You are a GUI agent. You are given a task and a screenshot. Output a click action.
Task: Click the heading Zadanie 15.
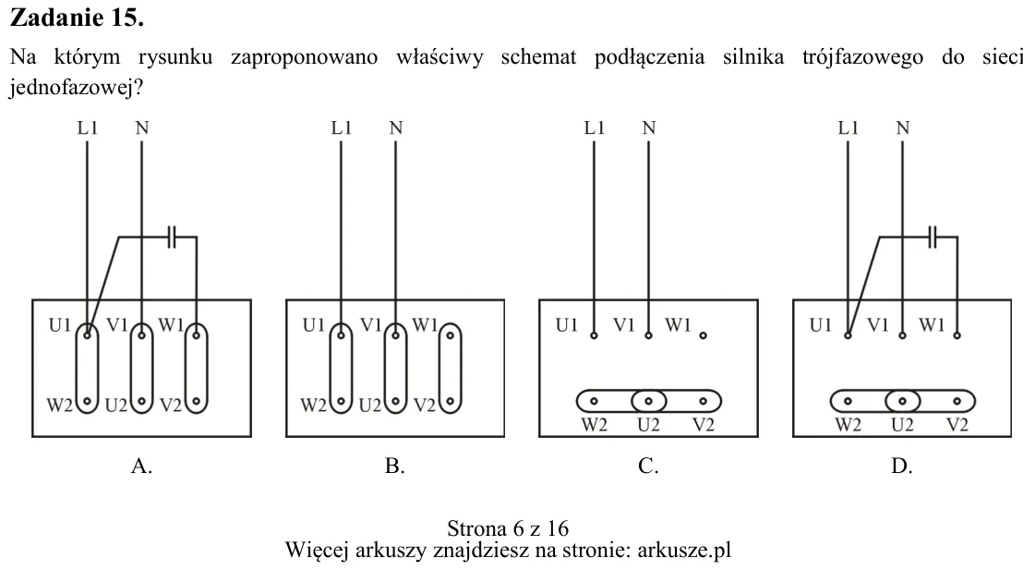(x=77, y=18)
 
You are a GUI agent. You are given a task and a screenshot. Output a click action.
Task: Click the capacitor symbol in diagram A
(x=172, y=237)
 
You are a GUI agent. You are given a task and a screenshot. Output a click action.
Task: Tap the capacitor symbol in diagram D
(x=933, y=237)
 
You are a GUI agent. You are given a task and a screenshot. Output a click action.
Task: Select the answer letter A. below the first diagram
(x=141, y=466)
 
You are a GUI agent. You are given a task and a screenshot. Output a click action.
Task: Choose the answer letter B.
(x=395, y=466)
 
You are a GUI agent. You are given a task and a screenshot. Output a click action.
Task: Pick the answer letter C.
(x=648, y=466)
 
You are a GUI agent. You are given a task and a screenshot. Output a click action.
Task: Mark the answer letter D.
(x=902, y=466)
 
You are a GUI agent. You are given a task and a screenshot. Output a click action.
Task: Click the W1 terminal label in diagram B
(x=425, y=324)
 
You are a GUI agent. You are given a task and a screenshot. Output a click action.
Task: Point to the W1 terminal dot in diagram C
(x=703, y=335)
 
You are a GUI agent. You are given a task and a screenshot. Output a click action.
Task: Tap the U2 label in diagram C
(x=648, y=425)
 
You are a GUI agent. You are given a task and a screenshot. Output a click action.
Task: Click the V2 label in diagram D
(x=957, y=425)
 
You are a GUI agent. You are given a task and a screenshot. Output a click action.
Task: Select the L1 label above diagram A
(x=88, y=128)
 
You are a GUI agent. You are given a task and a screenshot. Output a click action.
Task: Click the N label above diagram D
(x=902, y=128)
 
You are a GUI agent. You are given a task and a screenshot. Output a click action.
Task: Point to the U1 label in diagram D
(x=820, y=324)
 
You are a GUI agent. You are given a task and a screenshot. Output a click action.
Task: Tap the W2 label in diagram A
(x=59, y=406)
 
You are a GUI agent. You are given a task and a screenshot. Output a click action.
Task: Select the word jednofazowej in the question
(x=71, y=88)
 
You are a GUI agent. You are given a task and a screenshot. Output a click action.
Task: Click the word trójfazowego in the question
(x=862, y=57)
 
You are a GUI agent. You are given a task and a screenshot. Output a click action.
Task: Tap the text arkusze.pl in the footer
(x=684, y=550)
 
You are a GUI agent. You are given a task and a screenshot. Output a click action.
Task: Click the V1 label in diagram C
(x=624, y=324)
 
